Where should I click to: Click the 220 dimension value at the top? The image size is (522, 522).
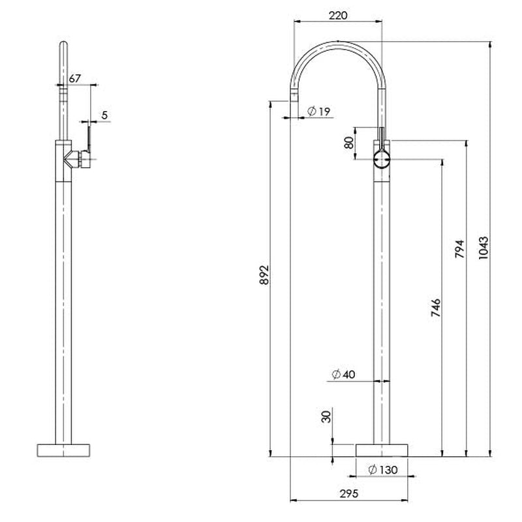point(338,15)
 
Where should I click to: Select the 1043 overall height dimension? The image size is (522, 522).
point(484,248)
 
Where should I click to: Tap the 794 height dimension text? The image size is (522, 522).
point(459,251)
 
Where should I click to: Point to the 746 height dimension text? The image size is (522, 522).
point(436,308)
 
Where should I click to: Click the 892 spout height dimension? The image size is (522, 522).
point(264,275)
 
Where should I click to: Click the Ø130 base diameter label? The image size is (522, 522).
point(383,470)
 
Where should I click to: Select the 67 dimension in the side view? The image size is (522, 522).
point(74,79)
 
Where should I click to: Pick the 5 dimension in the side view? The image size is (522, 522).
point(104,115)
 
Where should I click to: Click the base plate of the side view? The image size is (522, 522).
point(64,450)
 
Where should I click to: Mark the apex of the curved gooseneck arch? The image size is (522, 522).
point(338,42)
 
